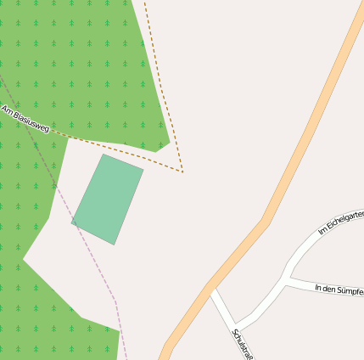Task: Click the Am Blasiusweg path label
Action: coord(25,120)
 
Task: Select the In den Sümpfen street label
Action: coord(339,290)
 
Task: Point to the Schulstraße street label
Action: coord(243,345)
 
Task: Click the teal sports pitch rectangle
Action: coord(108,200)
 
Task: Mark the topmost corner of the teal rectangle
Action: coord(104,154)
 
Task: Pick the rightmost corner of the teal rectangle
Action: coord(143,169)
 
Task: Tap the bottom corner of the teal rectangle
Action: coord(114,245)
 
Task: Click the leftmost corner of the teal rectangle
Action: coord(72,223)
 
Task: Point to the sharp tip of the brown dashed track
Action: coord(182,172)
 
